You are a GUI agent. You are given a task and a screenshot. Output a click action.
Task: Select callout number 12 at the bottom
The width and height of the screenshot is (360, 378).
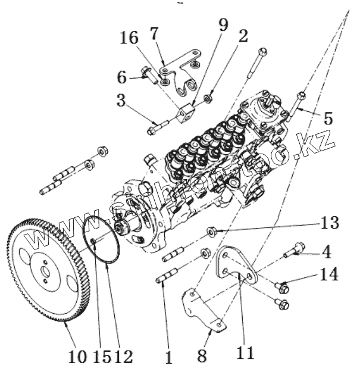tap(123, 357)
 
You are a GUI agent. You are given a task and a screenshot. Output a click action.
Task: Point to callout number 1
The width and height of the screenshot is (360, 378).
tap(169, 357)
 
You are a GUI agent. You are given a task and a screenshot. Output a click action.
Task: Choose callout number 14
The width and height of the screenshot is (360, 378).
tap(328, 274)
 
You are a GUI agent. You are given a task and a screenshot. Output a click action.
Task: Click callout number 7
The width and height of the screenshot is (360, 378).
tap(154, 34)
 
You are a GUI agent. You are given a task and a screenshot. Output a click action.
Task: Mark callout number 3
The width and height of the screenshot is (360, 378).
tap(121, 99)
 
